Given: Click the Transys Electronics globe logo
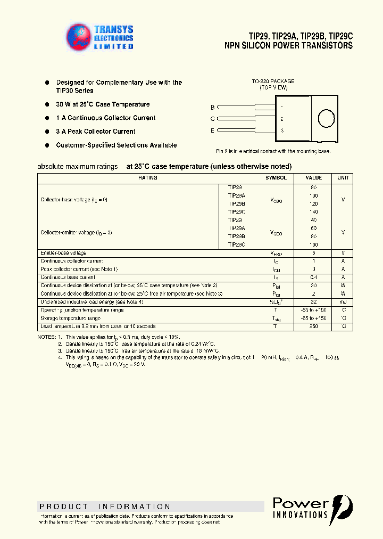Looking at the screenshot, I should [x=79, y=37].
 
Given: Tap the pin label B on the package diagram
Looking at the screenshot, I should [x=213, y=107].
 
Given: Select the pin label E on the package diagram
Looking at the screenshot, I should [x=213, y=130].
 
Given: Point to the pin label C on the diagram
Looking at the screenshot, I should [x=213, y=119].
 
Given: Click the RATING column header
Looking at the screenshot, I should [x=148, y=178].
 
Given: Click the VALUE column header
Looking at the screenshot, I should [x=313, y=178].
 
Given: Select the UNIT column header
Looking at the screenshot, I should [x=343, y=178].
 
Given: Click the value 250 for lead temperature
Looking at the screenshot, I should [x=313, y=326].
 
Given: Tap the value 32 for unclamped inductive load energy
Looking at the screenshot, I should [x=313, y=301].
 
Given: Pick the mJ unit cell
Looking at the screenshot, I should [x=343, y=301].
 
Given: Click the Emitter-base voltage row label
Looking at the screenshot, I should [x=63, y=252].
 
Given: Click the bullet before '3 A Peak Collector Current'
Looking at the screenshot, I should [x=47, y=131].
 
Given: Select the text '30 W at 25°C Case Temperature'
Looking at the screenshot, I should [x=103, y=104].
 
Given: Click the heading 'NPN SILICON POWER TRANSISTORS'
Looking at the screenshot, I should [x=289, y=46].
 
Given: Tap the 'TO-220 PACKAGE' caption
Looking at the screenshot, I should [x=273, y=81].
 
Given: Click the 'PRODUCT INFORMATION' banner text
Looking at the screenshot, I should [x=105, y=507].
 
